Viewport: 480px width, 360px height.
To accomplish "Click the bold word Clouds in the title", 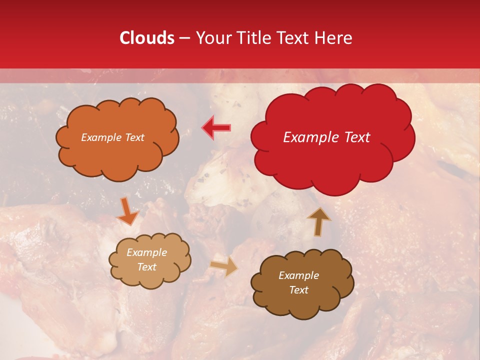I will [147, 38].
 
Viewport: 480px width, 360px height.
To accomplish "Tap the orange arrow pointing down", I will [127, 210].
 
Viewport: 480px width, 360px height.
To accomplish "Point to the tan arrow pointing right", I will [223, 266].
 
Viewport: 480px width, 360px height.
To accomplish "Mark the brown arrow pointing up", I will [318, 221].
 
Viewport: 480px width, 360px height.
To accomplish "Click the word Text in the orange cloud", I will [134, 137].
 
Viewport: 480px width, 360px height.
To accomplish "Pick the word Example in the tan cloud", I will [147, 252].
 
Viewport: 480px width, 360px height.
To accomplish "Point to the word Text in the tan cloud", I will [147, 267].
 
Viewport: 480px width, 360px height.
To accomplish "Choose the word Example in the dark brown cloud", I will [298, 275].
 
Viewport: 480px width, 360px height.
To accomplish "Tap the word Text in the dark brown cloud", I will [298, 290].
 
